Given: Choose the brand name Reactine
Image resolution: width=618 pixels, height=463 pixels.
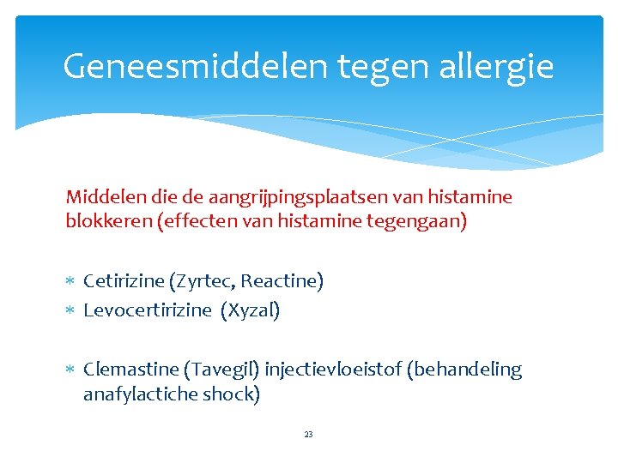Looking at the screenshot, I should [282, 281].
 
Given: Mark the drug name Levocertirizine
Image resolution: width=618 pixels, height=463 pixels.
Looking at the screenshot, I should [147, 310].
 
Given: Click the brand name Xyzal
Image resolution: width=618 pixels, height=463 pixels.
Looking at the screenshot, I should [251, 310].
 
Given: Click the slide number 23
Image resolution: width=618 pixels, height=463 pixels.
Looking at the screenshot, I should [309, 435].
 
